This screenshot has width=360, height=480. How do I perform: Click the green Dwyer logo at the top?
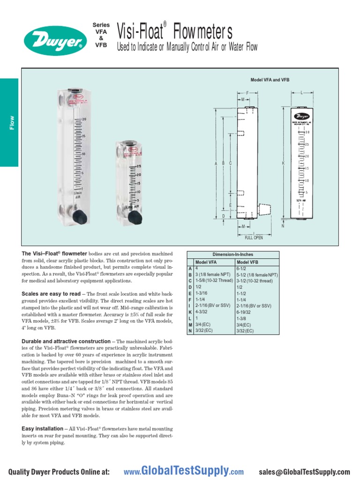tap(55, 40)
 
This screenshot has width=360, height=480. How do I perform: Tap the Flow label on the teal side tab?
tap(12, 123)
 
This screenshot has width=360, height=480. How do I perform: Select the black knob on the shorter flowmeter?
tap(135, 217)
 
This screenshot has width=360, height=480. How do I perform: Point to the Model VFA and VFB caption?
tap(270, 80)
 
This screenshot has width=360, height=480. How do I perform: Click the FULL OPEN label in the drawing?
tap(254, 238)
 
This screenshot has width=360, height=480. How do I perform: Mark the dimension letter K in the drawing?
tap(283, 163)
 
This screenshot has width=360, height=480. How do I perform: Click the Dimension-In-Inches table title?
tap(232, 255)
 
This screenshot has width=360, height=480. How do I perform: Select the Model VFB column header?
tap(247, 262)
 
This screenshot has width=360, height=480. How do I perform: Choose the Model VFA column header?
tap(206, 262)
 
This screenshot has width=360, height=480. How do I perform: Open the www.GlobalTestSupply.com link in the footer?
tap(183, 471)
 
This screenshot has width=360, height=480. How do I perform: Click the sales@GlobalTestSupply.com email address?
tap(304, 472)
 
